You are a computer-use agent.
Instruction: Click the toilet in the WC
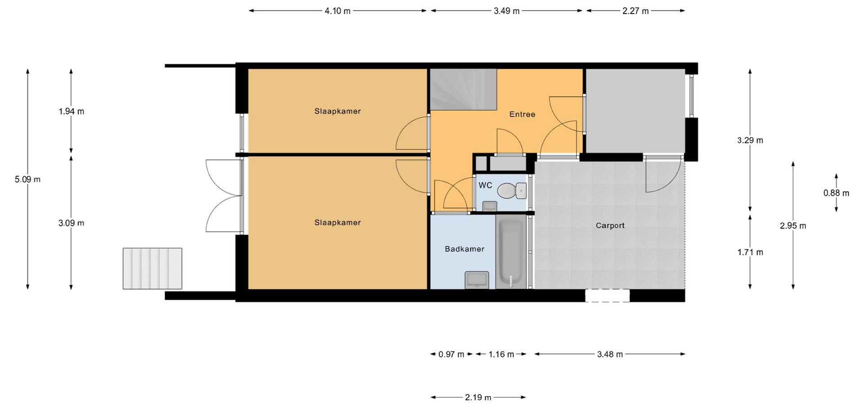coord(512,191)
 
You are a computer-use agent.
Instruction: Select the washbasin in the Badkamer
coord(477,280)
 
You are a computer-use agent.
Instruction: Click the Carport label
coord(610,225)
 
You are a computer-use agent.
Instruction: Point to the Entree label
coord(522,114)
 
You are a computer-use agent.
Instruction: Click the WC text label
coord(485,185)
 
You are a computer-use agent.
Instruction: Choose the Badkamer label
coord(464,249)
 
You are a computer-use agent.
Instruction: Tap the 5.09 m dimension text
coord(27,179)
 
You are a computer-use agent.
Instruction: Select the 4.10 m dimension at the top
coord(337,11)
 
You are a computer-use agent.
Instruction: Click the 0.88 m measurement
coord(836,193)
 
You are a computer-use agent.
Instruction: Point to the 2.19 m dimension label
coord(478,397)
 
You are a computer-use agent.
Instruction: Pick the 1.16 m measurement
coord(501,355)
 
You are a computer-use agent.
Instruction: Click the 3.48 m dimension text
coord(610,355)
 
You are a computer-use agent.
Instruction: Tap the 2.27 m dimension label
coord(635,11)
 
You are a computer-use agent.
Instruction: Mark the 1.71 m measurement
coord(750,252)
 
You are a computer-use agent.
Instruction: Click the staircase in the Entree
coord(463,90)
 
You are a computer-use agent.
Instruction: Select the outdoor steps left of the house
coord(153,268)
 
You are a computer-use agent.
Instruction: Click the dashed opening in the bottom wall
coord(607,296)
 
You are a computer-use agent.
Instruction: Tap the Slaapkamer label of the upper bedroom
coord(337,111)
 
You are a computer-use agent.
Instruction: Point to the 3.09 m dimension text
coord(71,223)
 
